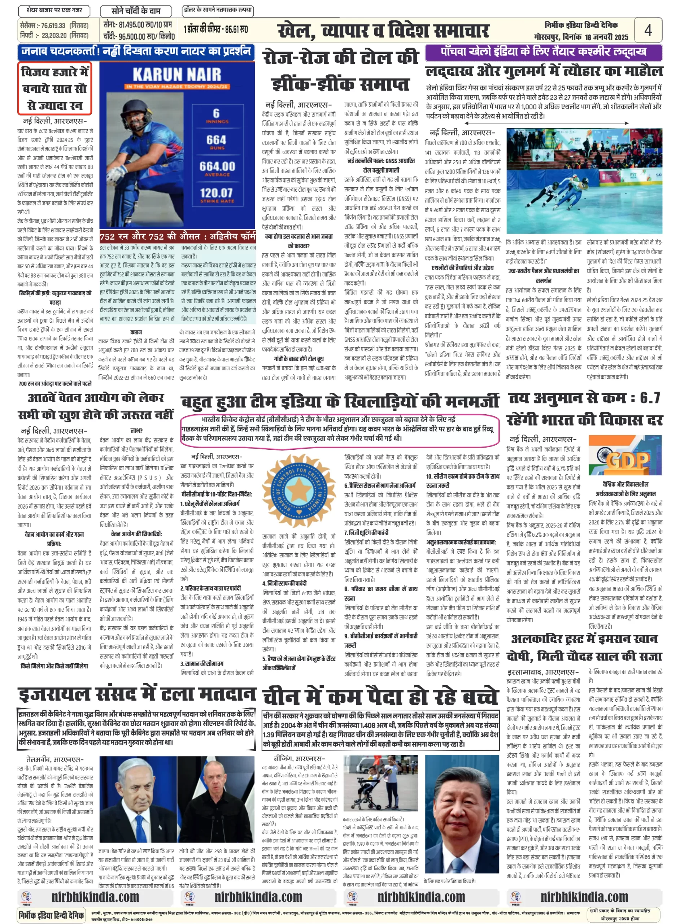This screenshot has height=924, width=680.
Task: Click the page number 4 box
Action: tap(648, 30)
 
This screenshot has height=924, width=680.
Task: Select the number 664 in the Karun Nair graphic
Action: tap(217, 140)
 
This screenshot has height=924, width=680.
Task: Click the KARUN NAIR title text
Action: tap(176, 74)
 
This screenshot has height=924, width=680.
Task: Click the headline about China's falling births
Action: tap(380, 695)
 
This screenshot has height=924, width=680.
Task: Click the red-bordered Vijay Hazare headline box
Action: tap(55, 88)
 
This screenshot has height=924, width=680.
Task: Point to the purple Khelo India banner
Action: tap(543, 52)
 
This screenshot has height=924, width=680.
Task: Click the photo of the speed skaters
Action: tap(584, 181)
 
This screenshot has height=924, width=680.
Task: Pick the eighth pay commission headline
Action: tap(96, 406)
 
